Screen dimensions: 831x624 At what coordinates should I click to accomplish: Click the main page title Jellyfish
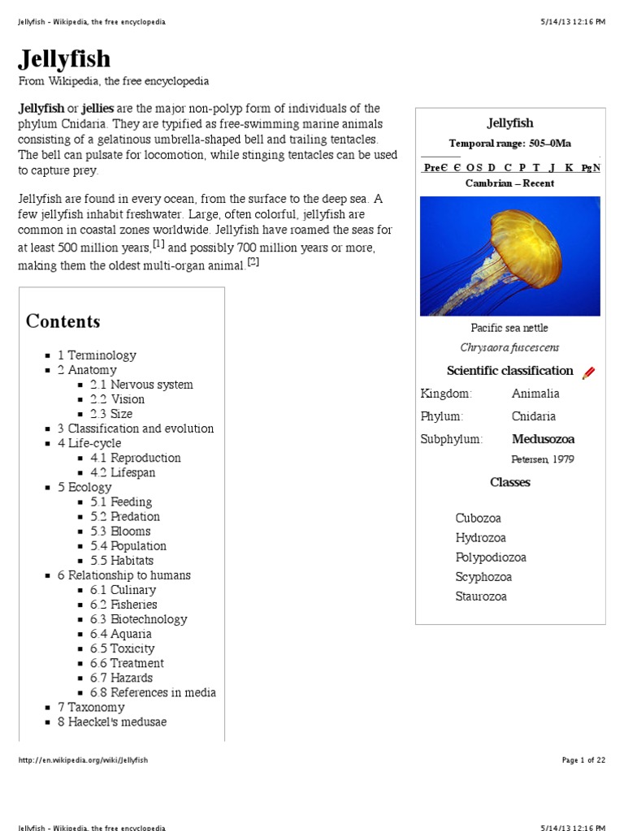coord(64,58)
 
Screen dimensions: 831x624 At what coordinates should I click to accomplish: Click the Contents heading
coord(63,321)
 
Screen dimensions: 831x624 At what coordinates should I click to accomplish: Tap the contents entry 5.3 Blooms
coord(120,532)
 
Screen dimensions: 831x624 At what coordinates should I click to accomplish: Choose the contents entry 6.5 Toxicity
coord(122,648)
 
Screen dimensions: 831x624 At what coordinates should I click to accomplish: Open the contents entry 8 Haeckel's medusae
coord(112,721)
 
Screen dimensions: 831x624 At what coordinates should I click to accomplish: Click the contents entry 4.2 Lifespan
coord(123,472)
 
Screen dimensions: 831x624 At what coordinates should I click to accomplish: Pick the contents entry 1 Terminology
coord(97,355)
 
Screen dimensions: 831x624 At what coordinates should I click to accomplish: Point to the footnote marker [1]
coord(159,243)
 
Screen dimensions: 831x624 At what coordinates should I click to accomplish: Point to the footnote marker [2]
coord(253,261)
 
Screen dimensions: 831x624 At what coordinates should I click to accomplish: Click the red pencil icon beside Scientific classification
coord(588,372)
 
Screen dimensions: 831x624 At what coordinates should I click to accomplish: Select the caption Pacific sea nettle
coord(509,328)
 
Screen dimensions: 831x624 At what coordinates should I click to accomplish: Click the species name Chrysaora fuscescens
coord(509,347)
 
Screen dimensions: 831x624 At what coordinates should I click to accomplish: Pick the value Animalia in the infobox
coord(535,394)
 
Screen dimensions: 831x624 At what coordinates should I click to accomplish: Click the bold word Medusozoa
coord(543,439)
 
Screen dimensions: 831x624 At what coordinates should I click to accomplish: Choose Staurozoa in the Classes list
coord(481,596)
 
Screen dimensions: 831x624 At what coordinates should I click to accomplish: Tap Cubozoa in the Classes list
coord(479,519)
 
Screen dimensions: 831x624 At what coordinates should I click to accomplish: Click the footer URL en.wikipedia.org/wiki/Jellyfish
coord(84,760)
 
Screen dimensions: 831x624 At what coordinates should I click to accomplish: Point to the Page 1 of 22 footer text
coord(583,760)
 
